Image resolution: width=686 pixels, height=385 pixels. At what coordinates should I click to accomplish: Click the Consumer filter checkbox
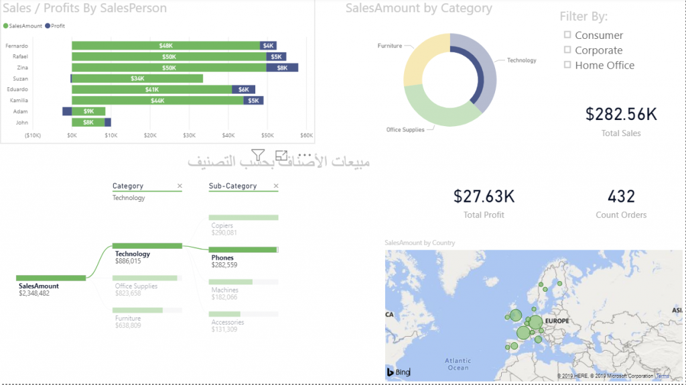[567, 35]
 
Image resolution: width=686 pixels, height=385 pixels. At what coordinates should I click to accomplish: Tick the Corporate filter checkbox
[567, 50]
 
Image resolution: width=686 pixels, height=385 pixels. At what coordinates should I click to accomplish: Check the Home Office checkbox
[567, 65]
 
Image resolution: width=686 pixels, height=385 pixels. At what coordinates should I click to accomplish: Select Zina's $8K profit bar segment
[282, 68]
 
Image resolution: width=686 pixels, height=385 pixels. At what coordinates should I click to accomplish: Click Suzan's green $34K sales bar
[137, 78]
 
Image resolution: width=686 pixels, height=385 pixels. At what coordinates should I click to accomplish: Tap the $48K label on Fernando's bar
[165, 46]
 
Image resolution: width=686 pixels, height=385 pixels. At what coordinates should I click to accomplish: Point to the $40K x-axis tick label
[228, 135]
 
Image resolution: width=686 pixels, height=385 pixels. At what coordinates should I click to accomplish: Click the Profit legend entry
[55, 25]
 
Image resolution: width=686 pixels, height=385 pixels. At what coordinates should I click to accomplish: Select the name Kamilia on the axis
[18, 100]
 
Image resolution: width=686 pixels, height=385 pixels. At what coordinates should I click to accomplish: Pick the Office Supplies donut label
[405, 129]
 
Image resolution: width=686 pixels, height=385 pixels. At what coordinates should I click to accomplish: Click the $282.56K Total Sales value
[621, 114]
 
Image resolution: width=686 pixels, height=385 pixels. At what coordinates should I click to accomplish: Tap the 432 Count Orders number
[621, 197]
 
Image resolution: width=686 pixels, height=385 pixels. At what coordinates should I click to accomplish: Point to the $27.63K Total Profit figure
[484, 197]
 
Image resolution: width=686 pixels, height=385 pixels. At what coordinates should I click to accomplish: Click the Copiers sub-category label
[222, 225]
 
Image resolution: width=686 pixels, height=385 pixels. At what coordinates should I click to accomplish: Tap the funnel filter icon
[259, 155]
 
